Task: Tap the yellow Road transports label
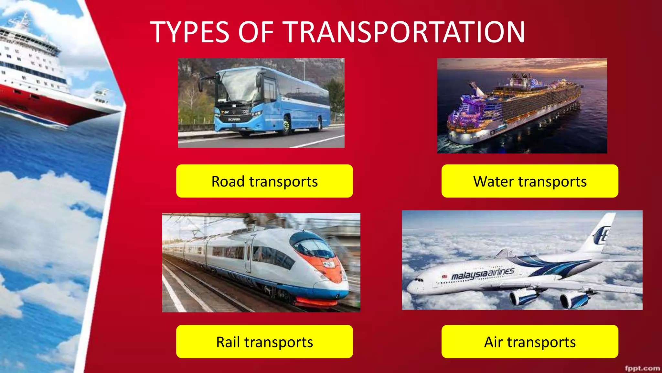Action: pos(264,181)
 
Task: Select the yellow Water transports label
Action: pos(530,181)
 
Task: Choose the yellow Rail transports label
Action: pos(264,342)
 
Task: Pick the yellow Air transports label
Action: pos(530,342)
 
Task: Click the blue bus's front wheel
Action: pos(286,126)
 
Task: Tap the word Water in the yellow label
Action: pos(493,181)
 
